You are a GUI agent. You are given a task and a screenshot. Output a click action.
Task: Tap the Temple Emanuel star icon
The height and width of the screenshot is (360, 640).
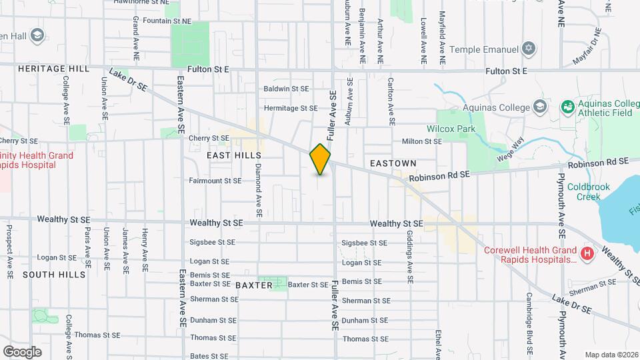click(x=529, y=49)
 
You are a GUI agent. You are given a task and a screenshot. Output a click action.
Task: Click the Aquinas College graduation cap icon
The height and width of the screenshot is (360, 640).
click(x=539, y=107)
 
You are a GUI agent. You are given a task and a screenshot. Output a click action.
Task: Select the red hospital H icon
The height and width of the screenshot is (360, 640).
click(x=587, y=253)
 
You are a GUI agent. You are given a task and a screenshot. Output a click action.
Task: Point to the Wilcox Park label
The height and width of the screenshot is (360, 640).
click(x=450, y=129)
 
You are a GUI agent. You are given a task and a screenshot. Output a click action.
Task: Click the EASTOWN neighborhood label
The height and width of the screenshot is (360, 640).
click(x=393, y=163)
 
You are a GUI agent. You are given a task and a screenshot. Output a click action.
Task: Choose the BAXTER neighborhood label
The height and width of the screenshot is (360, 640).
click(x=254, y=285)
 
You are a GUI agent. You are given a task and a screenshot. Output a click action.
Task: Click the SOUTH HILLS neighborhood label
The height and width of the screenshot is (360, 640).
click(x=54, y=275)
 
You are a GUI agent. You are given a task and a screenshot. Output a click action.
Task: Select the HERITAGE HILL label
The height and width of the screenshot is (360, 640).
click(x=45, y=69)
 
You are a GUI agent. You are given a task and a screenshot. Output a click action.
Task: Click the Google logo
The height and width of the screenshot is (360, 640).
click(x=22, y=351)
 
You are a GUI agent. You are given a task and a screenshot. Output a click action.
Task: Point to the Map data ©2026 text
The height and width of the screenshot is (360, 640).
click(x=611, y=355)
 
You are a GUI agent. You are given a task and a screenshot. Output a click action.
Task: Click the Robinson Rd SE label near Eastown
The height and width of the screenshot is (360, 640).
click(x=440, y=175)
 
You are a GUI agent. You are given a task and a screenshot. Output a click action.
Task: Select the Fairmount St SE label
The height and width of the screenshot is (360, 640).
click(x=215, y=181)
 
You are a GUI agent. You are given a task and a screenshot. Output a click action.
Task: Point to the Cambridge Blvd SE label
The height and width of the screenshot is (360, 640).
click(x=528, y=323)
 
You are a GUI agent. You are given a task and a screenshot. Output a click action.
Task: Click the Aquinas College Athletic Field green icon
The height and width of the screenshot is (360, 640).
click(x=567, y=107)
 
